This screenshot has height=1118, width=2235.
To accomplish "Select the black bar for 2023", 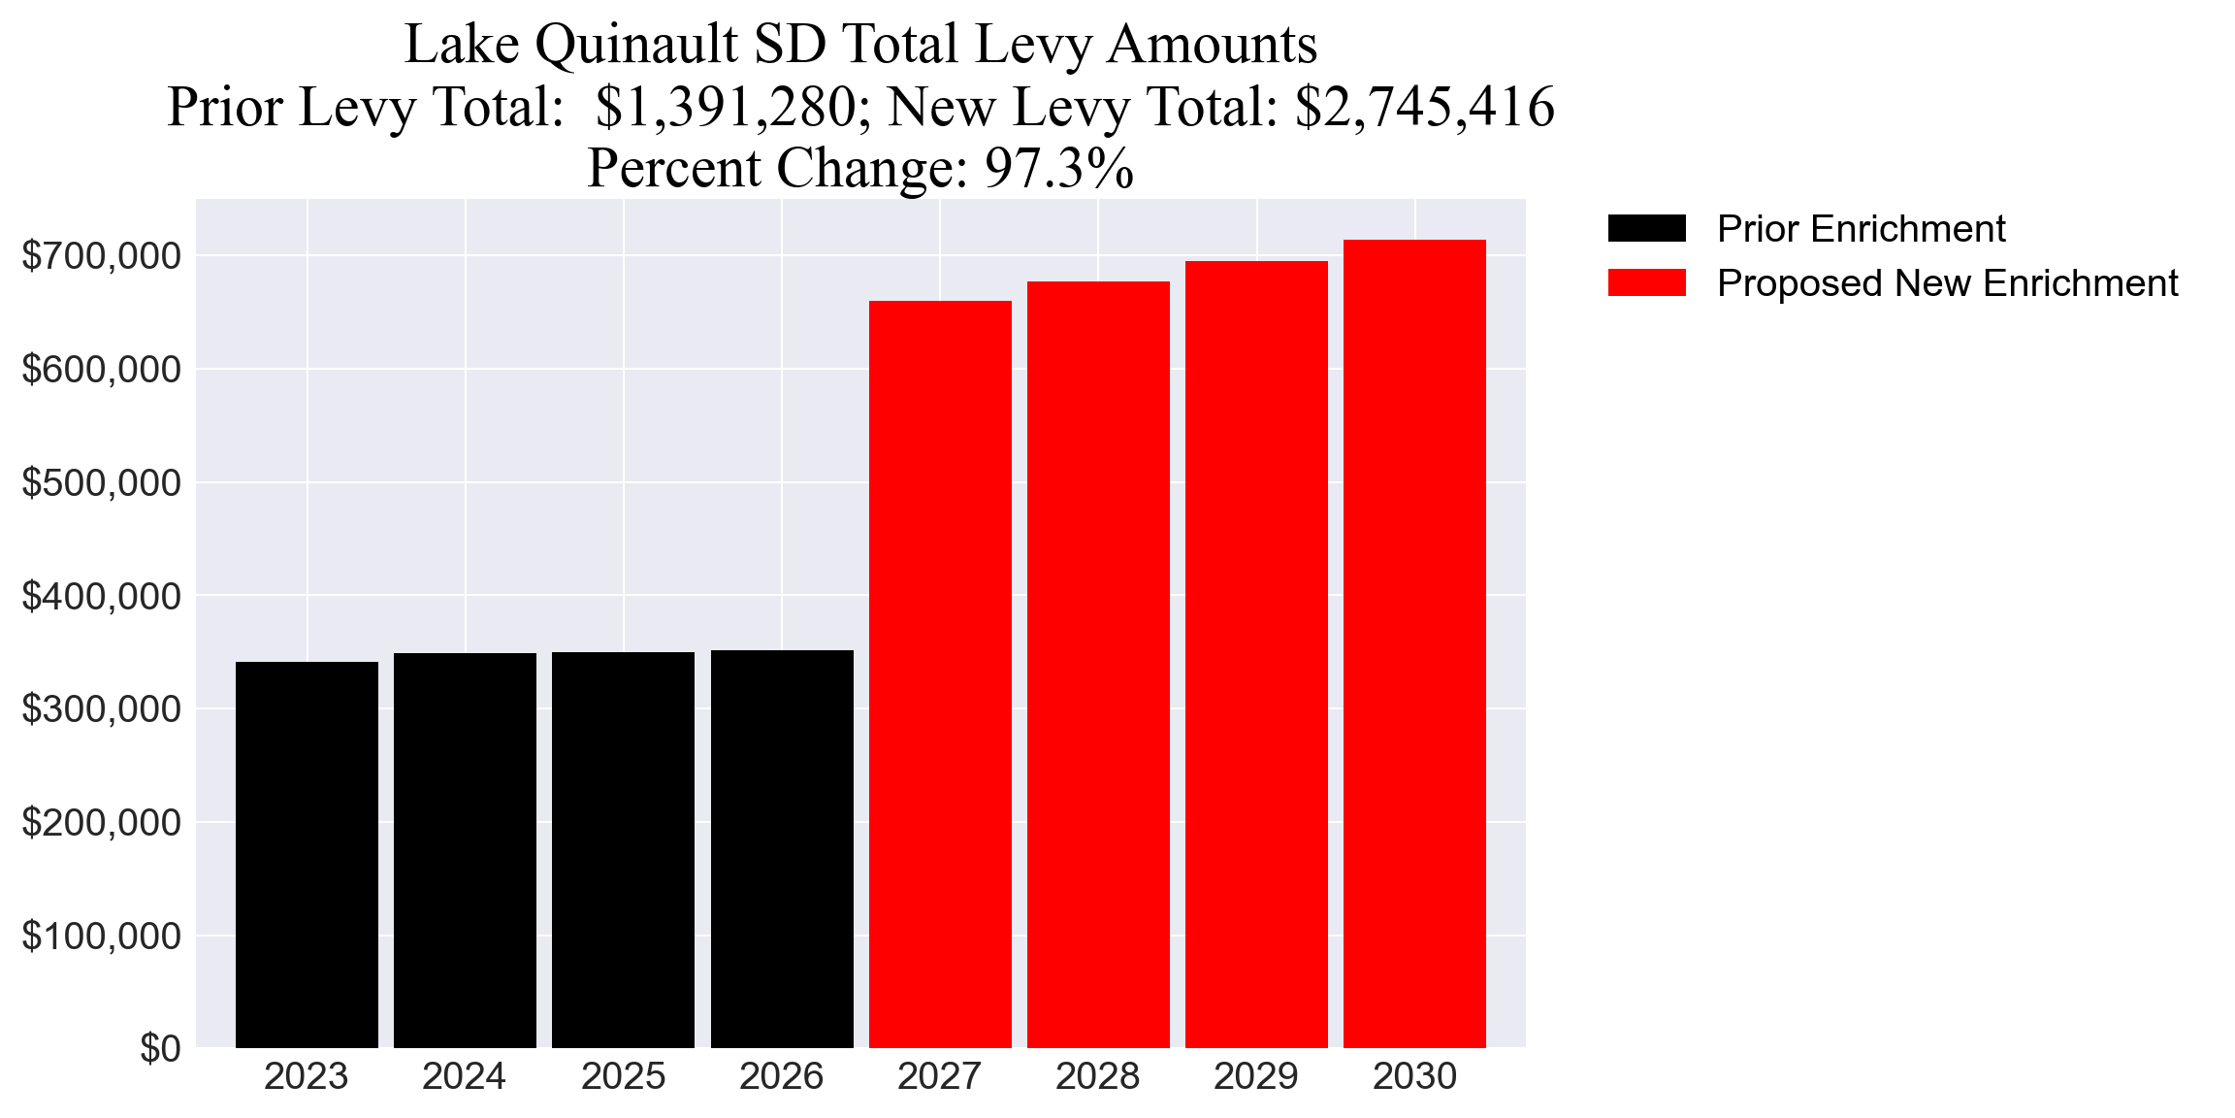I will tap(307, 854).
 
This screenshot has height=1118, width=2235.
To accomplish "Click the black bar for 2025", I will tap(623, 849).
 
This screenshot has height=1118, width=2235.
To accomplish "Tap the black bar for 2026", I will tap(782, 848).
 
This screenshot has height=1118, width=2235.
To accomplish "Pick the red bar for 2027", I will tap(940, 674).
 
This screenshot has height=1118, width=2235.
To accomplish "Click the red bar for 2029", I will tap(1256, 654).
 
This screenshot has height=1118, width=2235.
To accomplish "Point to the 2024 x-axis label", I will tap(465, 1076).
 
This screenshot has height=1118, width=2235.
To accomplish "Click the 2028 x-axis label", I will tap(1097, 1076).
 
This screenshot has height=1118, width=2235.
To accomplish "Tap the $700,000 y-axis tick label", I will tap(101, 256).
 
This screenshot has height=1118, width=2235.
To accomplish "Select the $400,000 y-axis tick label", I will tap(101, 596).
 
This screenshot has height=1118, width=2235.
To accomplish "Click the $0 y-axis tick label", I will tap(160, 1049).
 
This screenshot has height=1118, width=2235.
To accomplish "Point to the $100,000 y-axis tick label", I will tap(101, 937).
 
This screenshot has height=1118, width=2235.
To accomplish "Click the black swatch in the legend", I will tap(1646, 229).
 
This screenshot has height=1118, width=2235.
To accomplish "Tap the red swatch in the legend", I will tap(1646, 283).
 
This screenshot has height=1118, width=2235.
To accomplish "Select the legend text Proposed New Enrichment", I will tap(1947, 283).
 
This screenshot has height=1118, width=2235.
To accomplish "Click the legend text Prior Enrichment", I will tap(1861, 229).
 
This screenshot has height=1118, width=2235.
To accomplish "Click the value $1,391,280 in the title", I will tap(725, 107).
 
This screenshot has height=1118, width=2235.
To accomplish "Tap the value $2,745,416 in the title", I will tap(1424, 107).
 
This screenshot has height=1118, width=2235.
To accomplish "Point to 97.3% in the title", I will tap(1058, 168).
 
